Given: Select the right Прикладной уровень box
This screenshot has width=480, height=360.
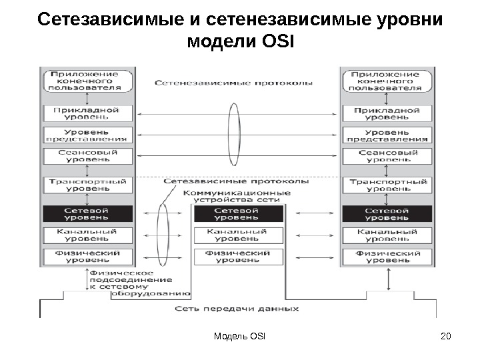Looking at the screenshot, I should coord(387,113).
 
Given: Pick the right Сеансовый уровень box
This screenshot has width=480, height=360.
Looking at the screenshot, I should coord(387,156).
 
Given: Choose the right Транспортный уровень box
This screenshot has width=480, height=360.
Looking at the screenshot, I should coord(387,184).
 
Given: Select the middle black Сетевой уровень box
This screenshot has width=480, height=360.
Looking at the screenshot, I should coord(238,214).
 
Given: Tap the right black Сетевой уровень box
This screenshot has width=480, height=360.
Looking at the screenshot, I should coord(387,214).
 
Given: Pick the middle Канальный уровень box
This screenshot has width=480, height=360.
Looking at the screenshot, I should coord(238,235).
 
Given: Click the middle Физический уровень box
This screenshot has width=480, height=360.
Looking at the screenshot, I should coord(238,256).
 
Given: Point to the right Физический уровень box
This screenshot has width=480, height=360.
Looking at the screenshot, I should coord(387,256).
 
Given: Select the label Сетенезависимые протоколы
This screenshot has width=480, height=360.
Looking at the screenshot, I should coord(233,84).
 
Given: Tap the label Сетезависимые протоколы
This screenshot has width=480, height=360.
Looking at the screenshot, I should coord(235,181).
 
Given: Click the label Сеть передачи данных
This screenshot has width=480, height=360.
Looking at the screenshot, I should coord(237,309).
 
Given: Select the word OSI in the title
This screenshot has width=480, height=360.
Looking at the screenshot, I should coord(273,43).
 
